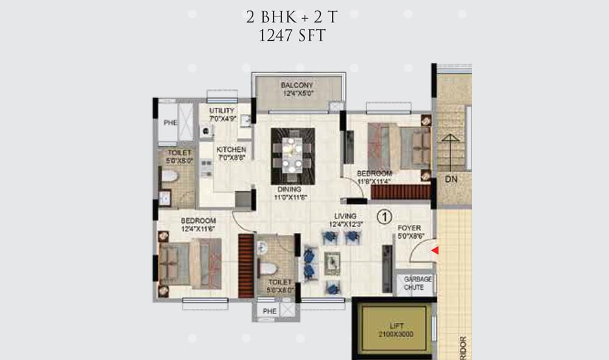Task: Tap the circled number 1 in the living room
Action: pyautogui.click(x=384, y=216)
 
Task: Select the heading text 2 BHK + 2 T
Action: pyautogui.click(x=292, y=17)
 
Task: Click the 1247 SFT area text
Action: pyautogui.click(x=292, y=35)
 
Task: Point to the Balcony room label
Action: pyautogui.click(x=297, y=85)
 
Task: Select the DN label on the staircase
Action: pyautogui.click(x=451, y=180)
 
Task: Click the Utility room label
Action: pyautogui.click(x=222, y=110)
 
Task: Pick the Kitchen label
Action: pyautogui.click(x=231, y=149)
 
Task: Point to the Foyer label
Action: pyautogui.click(x=410, y=228)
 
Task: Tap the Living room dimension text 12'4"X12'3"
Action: pyautogui.click(x=345, y=225)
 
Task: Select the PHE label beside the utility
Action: pyautogui.click(x=169, y=124)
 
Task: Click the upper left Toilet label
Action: pyautogui.click(x=179, y=152)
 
